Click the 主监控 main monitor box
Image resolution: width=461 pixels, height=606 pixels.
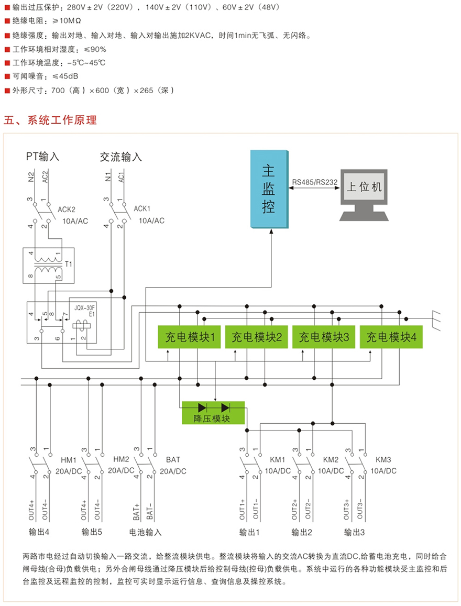pyautogui.click(x=269, y=189)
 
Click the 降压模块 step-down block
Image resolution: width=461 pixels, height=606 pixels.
pyautogui.click(x=213, y=412)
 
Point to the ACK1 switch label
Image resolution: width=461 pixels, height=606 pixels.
pyautogui.click(x=142, y=208)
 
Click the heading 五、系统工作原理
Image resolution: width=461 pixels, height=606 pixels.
pyautogui.click(x=50, y=120)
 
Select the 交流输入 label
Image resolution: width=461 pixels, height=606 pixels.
pyautogui.click(x=121, y=157)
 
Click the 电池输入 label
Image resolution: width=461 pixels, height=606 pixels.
pyautogui.click(x=146, y=533)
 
